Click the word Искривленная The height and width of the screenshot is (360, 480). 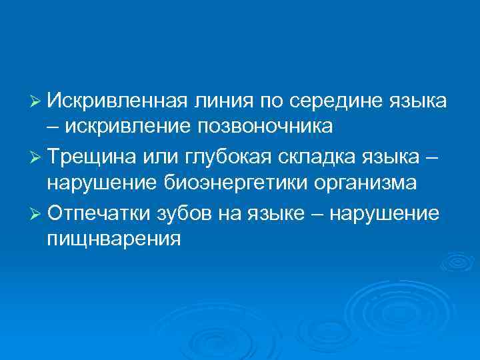(x=119, y=101)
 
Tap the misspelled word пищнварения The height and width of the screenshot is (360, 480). (x=113, y=238)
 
